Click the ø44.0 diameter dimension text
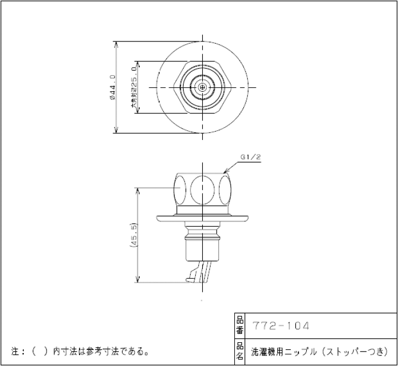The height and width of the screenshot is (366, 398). tap(113, 87)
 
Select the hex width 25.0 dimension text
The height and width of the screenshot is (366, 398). tap(133, 87)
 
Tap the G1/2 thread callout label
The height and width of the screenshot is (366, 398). tap(250, 157)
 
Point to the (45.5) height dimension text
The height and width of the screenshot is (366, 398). tap(133, 234)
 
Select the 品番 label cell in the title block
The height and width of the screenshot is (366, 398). tap(239, 326)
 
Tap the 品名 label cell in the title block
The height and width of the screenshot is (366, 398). tap(239, 352)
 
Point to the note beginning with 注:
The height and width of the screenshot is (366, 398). tap(81, 351)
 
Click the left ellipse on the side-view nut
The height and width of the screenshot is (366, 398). tap(180, 189)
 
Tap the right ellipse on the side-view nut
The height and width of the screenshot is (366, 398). tap(227, 189)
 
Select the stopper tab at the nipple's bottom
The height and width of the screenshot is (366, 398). tap(192, 274)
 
